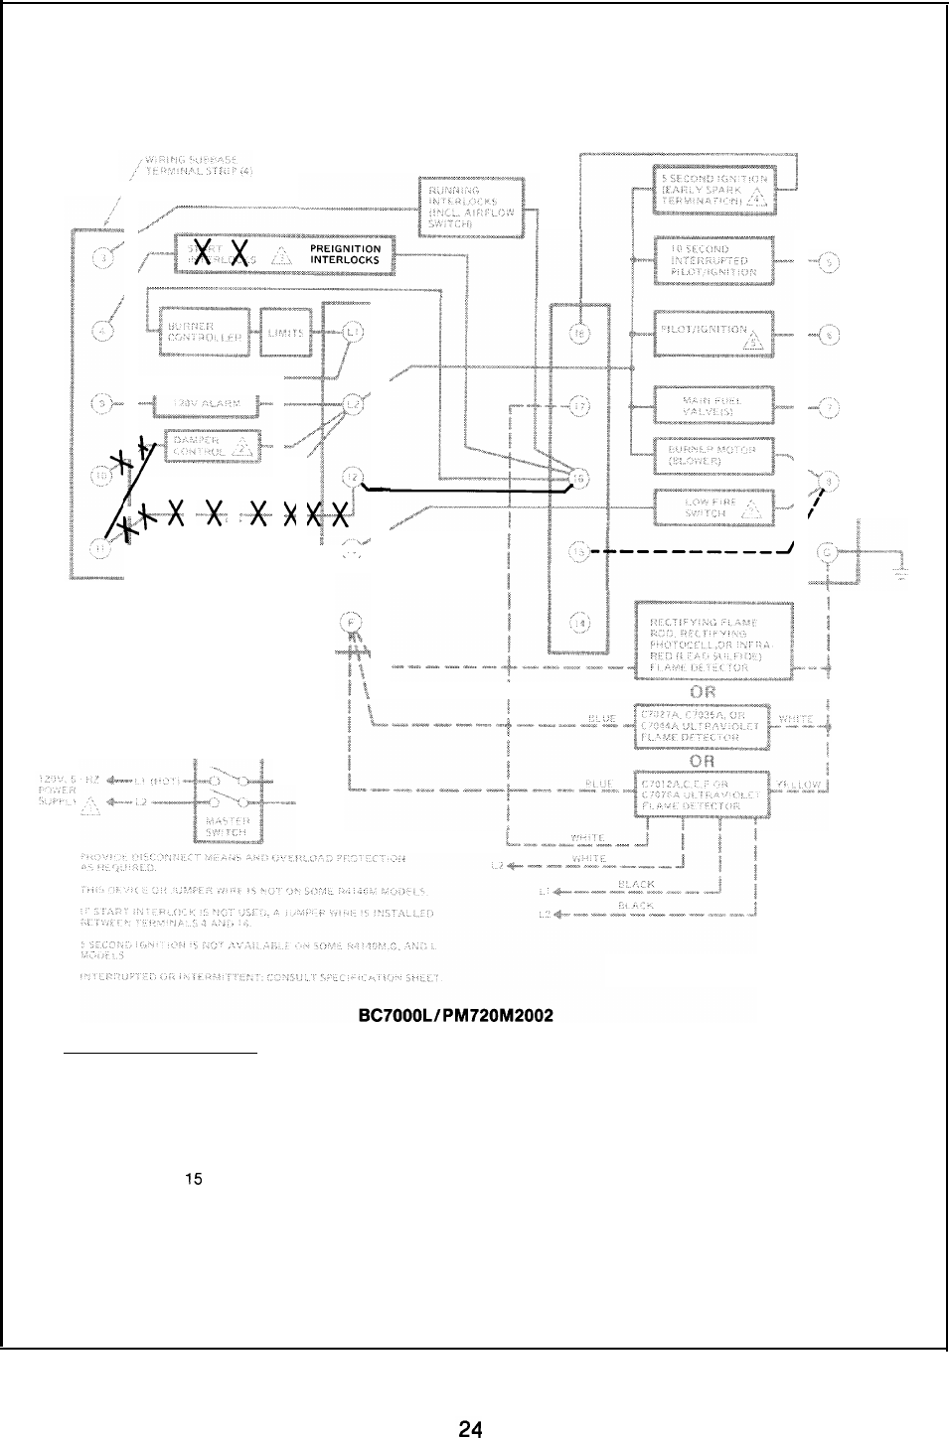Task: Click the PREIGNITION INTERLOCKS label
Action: click(x=344, y=255)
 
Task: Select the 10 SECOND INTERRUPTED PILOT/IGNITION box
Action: click(x=712, y=260)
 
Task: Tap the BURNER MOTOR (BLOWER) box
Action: click(x=712, y=456)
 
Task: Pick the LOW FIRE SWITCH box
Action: click(x=712, y=508)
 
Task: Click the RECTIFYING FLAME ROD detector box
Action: click(x=712, y=643)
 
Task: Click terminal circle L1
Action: click(x=355, y=332)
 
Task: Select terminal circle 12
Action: click(x=355, y=478)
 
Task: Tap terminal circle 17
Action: click(x=581, y=406)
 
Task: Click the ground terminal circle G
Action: click(x=827, y=553)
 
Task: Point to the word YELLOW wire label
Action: click(x=804, y=785)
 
